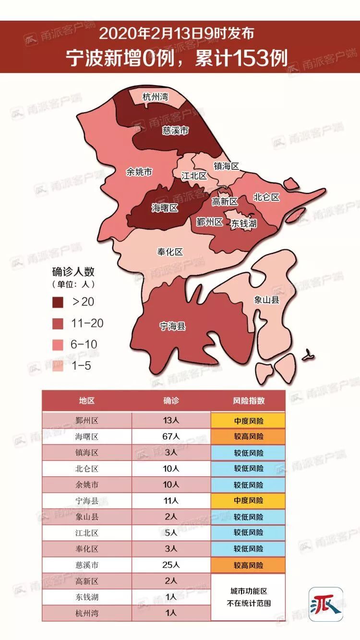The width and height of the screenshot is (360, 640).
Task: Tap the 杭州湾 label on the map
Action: pyautogui.click(x=155, y=97)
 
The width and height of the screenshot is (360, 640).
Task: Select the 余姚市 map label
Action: pyautogui.click(x=139, y=172)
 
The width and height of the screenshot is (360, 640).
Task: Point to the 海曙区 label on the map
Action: pyautogui.click(x=165, y=208)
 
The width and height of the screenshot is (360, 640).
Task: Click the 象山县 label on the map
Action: pyautogui.click(x=267, y=300)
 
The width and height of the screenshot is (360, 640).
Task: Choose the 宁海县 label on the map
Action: pyautogui.click(x=172, y=327)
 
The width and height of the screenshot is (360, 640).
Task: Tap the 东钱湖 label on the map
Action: pyautogui.click(x=244, y=223)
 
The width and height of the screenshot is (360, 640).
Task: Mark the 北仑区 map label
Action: pyautogui.click(x=266, y=197)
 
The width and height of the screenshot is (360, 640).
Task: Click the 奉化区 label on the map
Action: pyautogui.click(x=170, y=252)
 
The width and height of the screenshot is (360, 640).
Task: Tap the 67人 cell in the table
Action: pyautogui.click(x=171, y=437)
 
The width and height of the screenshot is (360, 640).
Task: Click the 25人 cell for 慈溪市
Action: pyautogui.click(x=171, y=565)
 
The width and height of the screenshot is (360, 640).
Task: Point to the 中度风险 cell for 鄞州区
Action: pyautogui.click(x=248, y=421)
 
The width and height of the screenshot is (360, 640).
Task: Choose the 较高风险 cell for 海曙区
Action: pyautogui.click(x=248, y=437)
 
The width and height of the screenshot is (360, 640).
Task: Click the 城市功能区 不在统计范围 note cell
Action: pyautogui.click(x=248, y=597)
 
